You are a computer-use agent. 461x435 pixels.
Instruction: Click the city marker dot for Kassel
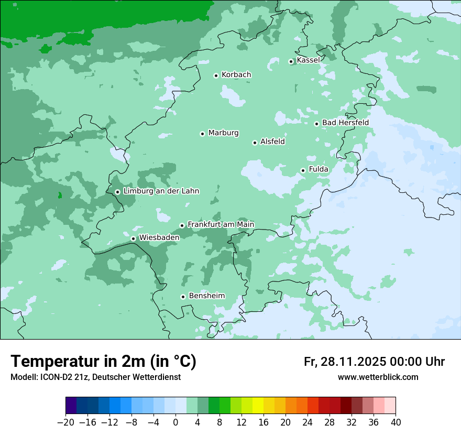tap(291, 61)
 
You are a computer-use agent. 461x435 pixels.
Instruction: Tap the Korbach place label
tap(236, 75)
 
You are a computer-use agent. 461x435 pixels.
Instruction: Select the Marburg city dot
tap(202, 134)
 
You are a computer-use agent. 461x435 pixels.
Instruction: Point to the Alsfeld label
tap(272, 142)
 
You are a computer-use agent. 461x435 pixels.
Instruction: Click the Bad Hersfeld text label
tap(345, 123)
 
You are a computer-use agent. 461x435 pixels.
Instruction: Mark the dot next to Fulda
tap(303, 170)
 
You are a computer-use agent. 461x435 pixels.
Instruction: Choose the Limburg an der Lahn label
tap(161, 191)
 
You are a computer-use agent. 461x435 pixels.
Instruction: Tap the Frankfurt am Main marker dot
tap(182, 225)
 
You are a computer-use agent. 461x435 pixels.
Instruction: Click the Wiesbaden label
tap(159, 237)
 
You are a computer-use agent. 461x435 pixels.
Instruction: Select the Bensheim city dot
tap(183, 297)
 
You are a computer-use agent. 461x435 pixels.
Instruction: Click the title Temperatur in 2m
tap(103, 361)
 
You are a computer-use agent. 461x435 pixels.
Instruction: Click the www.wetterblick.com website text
tap(378, 377)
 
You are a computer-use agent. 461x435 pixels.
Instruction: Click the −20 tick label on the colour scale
tap(65, 422)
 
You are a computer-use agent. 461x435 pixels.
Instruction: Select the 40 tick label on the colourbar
tap(396, 422)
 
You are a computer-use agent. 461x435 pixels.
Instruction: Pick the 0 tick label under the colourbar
tap(175, 422)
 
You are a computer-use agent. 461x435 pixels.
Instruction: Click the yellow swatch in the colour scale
tap(258, 406)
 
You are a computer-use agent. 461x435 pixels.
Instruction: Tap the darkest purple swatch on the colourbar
tap(71, 406)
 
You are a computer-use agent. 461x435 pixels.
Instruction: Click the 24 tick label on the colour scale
tap(308, 422)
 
